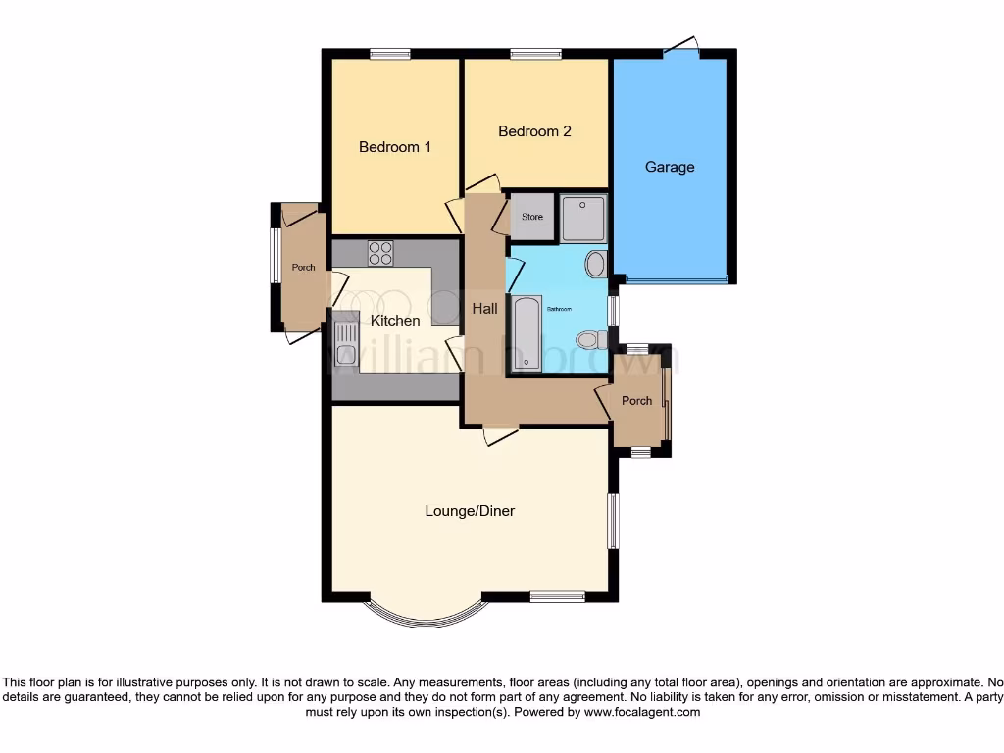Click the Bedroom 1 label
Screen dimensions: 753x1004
click(394, 147)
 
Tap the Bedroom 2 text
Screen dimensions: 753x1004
click(534, 131)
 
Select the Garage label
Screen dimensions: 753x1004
click(670, 167)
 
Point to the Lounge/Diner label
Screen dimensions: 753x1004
click(470, 511)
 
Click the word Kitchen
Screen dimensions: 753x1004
click(395, 321)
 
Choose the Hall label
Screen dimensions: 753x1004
click(484, 308)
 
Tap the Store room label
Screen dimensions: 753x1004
click(532, 217)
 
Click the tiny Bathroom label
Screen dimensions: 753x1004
click(559, 309)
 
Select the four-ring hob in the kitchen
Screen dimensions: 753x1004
click(380, 253)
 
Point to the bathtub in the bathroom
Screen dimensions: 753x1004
click(527, 332)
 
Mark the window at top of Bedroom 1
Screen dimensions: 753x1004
click(389, 54)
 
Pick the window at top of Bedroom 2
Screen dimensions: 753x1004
click(535, 54)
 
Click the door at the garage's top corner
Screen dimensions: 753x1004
click(681, 45)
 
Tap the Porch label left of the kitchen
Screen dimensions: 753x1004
click(304, 268)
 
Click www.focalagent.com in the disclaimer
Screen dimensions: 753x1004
click(641, 713)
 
